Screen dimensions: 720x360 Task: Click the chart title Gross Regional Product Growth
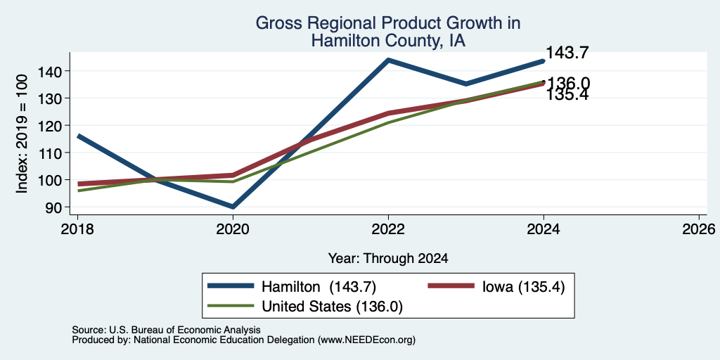pos(387,23)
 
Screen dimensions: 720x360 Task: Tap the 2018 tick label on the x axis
pos(77,229)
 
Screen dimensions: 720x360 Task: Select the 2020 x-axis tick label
pos(233,229)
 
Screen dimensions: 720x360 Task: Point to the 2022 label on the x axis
pos(388,229)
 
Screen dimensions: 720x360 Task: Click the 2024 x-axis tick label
pos(544,229)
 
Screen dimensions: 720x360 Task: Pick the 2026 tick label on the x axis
pos(699,229)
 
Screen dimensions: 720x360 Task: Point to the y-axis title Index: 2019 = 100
pos(22,134)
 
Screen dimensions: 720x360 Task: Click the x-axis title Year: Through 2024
pos(388,259)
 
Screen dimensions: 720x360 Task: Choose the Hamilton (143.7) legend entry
pos(292,287)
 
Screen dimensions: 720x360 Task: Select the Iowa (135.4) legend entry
pos(496,287)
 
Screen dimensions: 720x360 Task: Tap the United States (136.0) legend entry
pos(305,307)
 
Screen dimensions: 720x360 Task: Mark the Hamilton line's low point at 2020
pos(233,207)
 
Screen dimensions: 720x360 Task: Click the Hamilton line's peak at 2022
pos(388,60)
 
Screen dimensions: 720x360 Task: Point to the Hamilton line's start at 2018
pos(78,136)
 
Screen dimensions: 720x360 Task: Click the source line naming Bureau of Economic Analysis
pos(166,330)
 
